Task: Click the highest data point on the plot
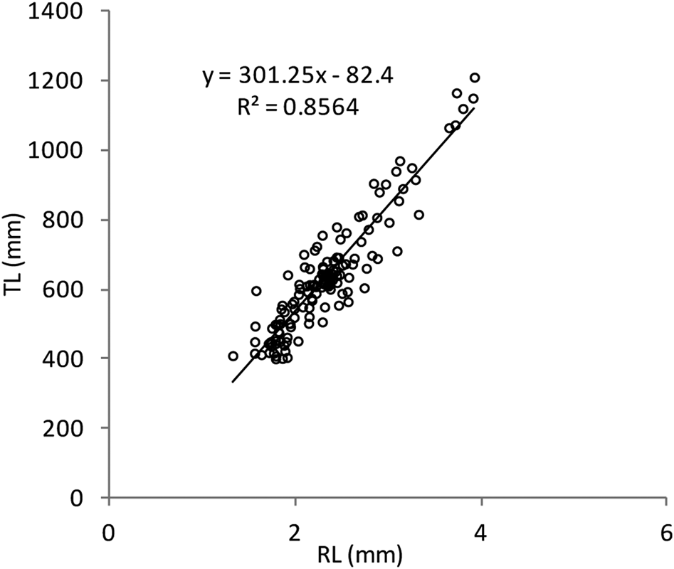(x=475, y=78)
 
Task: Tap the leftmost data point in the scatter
(x=233, y=356)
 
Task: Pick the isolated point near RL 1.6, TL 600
(x=256, y=291)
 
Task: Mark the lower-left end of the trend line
(x=232, y=382)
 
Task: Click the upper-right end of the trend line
(x=475, y=108)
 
